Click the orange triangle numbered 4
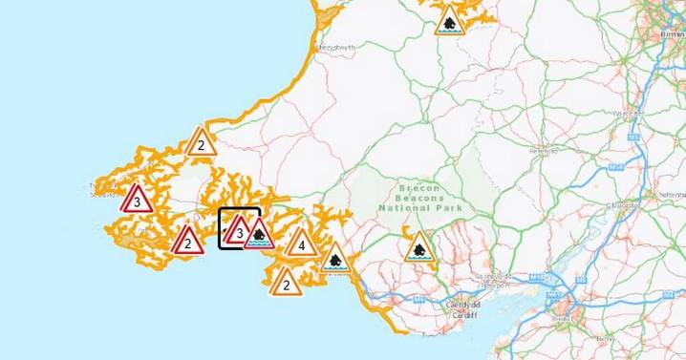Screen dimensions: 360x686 click(x=301, y=244)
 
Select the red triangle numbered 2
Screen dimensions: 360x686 click(x=188, y=242)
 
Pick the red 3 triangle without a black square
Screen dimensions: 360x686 click(x=138, y=201)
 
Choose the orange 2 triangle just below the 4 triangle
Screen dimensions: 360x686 click(x=286, y=282)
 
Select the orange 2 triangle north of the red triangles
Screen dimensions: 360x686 click(x=200, y=143)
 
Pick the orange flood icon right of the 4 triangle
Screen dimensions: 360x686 click(x=335, y=258)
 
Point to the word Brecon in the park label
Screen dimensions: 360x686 click(x=419, y=189)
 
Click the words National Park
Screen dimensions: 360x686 click(x=420, y=208)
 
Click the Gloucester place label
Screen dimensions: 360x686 click(x=626, y=203)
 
